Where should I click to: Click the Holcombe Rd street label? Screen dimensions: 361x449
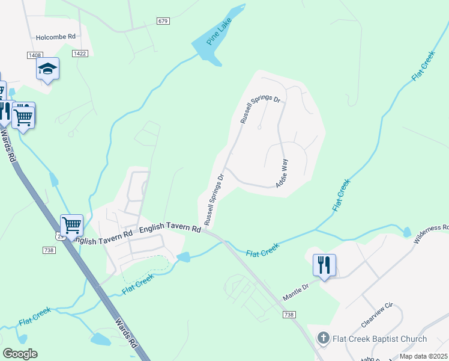tap(55, 37)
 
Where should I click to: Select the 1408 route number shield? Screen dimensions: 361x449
tap(35, 55)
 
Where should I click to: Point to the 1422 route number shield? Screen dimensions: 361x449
tap(80, 54)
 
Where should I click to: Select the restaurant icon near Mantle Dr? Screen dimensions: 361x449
tap(324, 265)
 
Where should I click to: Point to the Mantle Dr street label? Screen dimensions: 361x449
tap(297, 288)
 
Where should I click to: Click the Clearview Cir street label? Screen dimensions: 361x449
tap(376, 313)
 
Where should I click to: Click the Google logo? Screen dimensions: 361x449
tap(20, 354)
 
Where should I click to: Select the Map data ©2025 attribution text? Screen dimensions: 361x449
tap(423, 356)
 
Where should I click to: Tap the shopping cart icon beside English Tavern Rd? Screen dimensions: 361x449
tap(71, 226)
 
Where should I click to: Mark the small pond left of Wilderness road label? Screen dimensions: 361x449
tap(408, 232)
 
